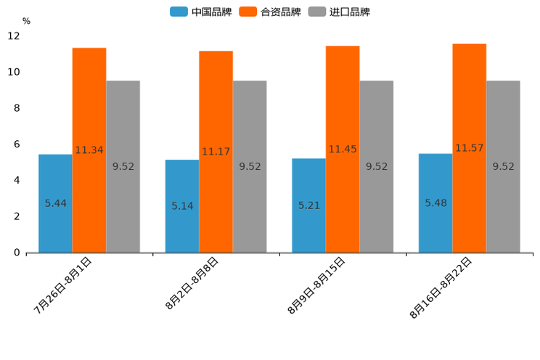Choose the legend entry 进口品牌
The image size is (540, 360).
(x=340, y=12)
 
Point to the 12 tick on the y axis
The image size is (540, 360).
(x=14, y=36)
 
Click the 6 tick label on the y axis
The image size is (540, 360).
(x=17, y=144)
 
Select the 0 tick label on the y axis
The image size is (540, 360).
(x=17, y=253)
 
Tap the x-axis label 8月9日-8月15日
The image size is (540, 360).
(x=316, y=285)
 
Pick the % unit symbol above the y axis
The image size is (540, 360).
(x=26, y=21)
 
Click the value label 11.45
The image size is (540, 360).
(x=343, y=149)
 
